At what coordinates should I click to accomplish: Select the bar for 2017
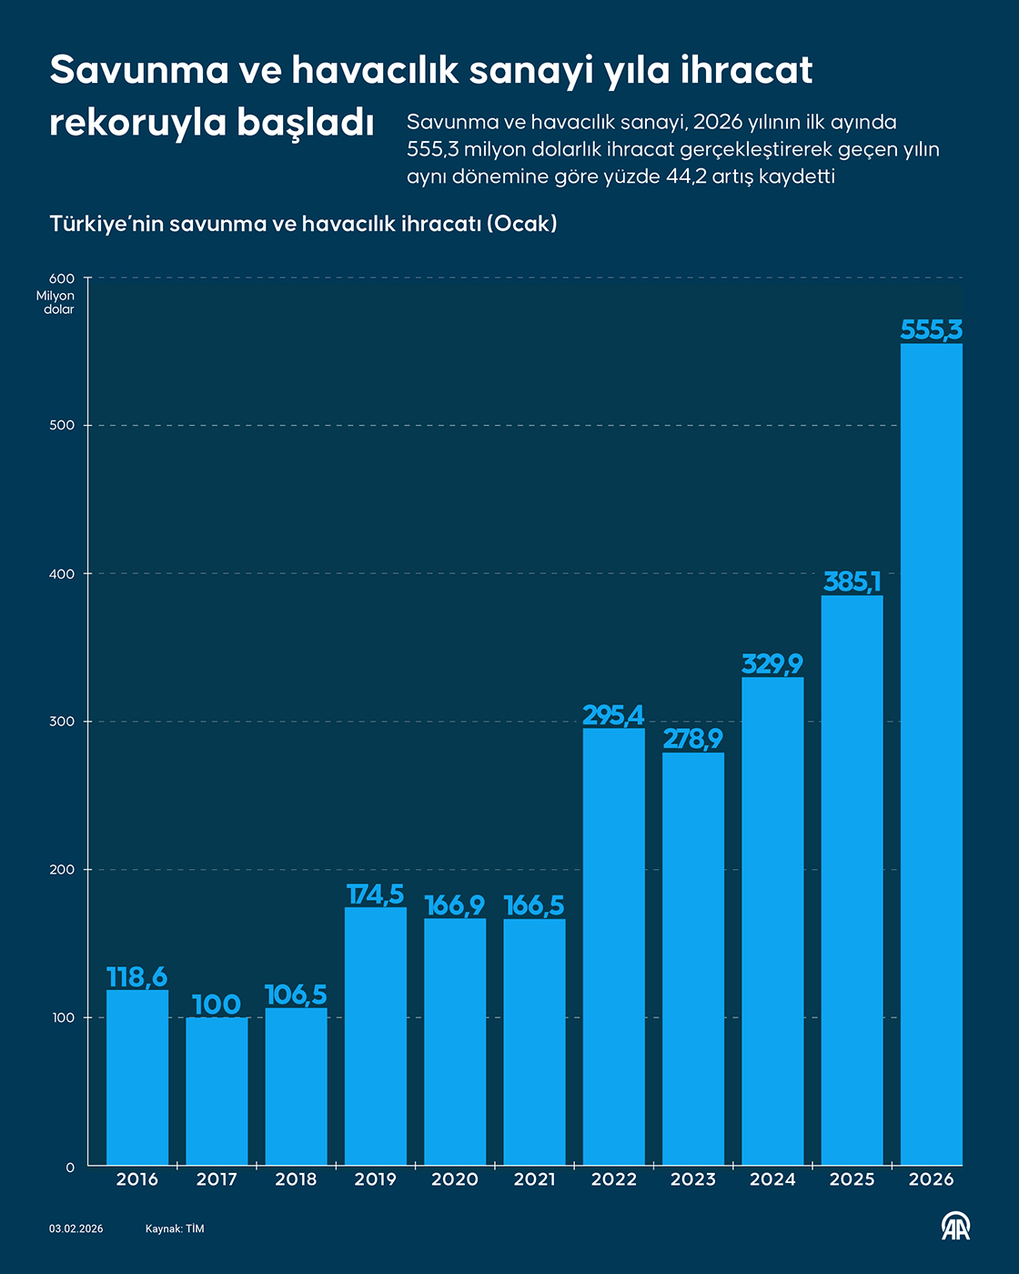point(217,1091)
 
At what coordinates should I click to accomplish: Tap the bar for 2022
point(613,946)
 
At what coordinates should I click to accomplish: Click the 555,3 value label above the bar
point(931,329)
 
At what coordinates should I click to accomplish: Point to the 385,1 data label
point(852,581)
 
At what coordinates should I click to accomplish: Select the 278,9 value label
point(692,739)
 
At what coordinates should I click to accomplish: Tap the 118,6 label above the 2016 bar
point(137,977)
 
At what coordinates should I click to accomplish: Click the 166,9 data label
point(455,905)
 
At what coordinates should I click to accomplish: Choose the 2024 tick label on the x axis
point(772,1179)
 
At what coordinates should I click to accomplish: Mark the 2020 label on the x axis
point(455,1179)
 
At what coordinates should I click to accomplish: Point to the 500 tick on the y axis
point(62,426)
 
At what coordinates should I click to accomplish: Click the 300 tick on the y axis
point(62,722)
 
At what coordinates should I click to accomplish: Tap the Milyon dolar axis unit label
point(56,302)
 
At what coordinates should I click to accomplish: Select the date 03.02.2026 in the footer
point(76,1229)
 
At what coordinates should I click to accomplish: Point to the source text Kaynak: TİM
point(175,1229)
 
